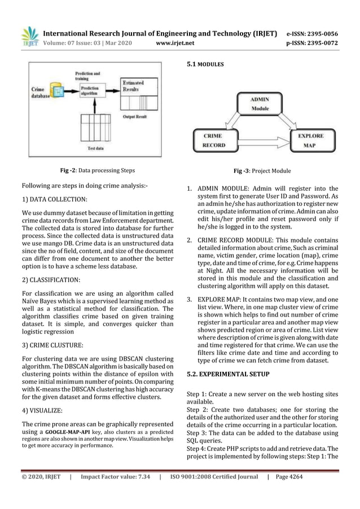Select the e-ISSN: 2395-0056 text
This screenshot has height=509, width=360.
click(x=313, y=33)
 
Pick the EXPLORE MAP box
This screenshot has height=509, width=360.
click(x=310, y=140)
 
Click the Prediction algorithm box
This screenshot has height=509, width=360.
click(x=89, y=92)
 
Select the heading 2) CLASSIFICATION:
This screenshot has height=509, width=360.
click(x=51, y=279)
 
